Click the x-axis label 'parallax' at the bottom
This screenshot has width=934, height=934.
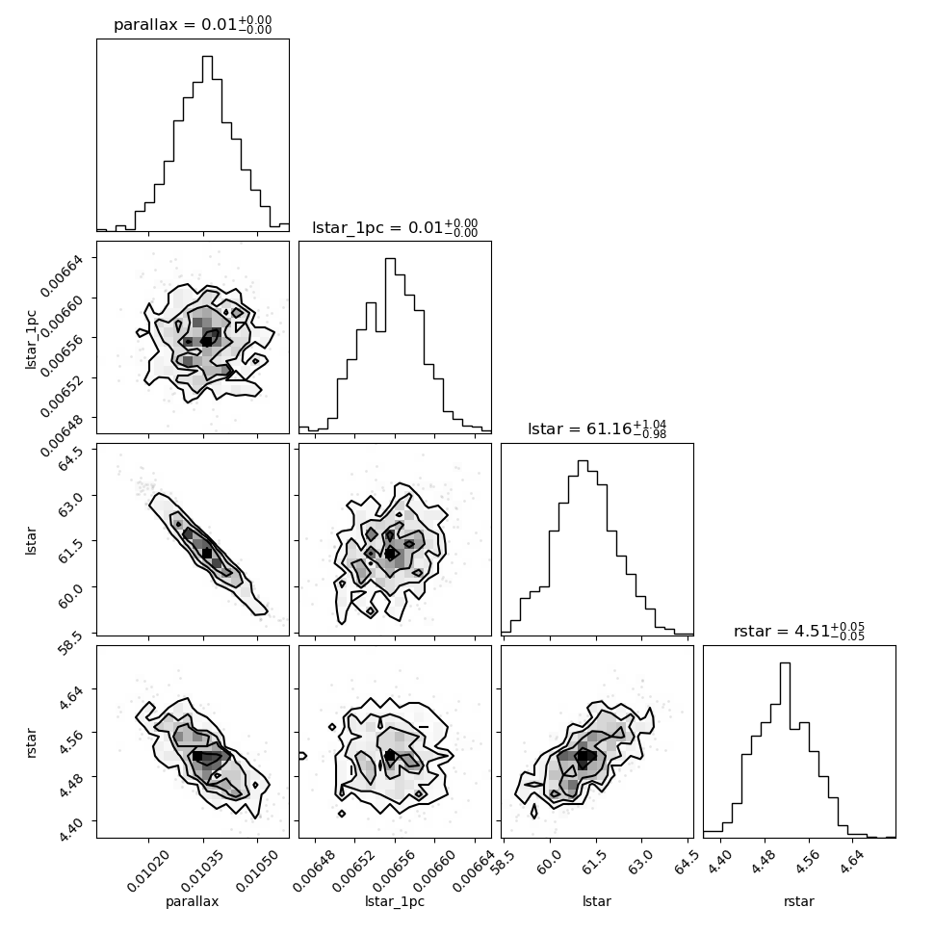tap(193, 901)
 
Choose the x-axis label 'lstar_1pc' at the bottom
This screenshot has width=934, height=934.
tap(395, 901)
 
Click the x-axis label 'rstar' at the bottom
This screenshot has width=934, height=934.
tap(799, 901)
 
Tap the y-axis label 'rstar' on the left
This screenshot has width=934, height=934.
tap(32, 742)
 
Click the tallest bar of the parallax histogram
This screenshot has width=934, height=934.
tap(207, 143)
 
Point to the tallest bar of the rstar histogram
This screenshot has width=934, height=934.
tap(785, 750)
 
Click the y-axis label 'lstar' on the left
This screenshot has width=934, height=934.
tap(32, 540)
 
